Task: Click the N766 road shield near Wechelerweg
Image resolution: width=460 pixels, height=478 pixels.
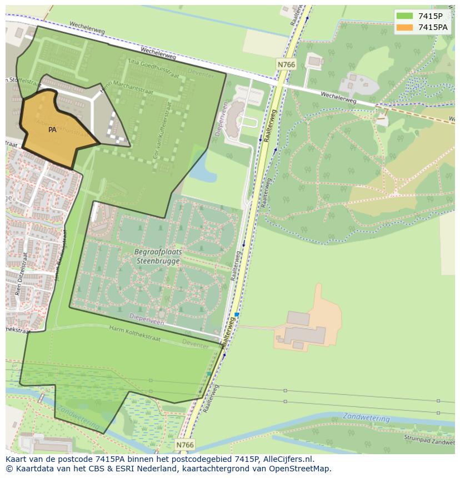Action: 286,65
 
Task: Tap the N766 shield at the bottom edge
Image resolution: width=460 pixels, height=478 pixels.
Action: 185,445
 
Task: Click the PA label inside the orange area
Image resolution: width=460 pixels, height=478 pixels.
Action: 52,130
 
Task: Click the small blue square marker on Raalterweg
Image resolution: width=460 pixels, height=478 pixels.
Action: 237,315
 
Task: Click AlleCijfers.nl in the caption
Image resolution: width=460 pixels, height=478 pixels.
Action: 287,459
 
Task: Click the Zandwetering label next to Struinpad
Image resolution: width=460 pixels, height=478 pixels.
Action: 366,416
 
